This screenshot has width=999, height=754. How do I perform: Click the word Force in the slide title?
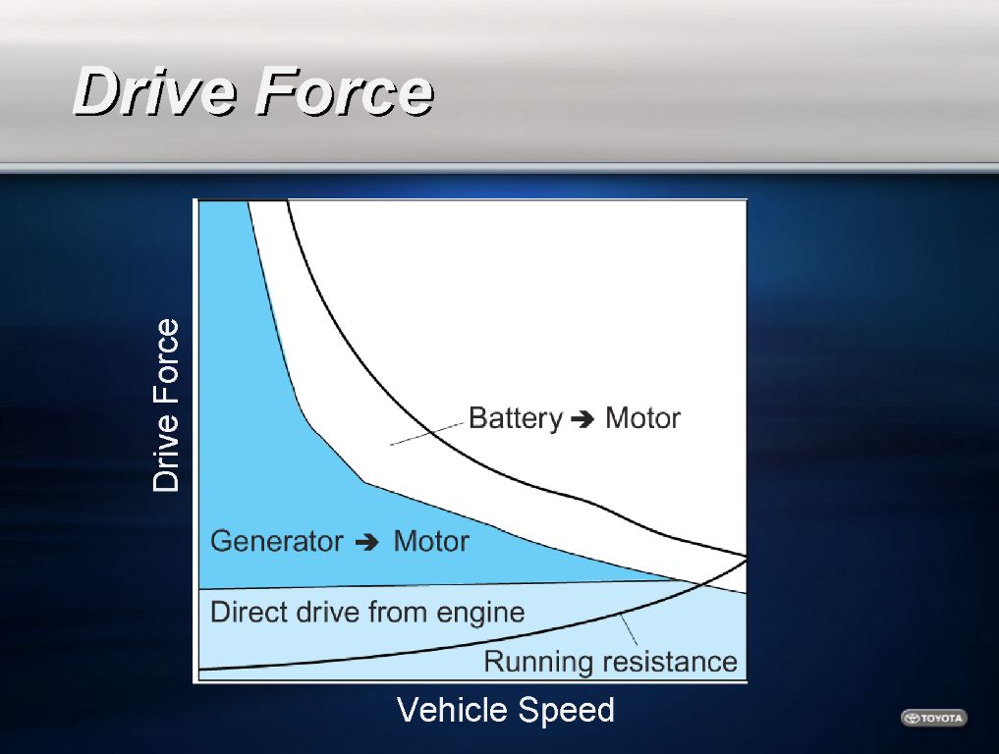click(344, 91)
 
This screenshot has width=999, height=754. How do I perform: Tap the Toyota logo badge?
click(934, 718)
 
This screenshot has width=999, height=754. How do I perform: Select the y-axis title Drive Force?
click(166, 405)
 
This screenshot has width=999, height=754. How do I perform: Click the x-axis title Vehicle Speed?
click(506, 710)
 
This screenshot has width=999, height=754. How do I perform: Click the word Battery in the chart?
click(516, 418)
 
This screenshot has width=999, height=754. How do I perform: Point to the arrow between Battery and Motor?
click(583, 419)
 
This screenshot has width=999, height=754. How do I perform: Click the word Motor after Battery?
click(642, 418)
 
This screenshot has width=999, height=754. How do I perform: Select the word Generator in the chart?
click(276, 541)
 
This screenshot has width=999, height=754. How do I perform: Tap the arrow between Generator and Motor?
click(367, 543)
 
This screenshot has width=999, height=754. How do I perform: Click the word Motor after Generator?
click(431, 541)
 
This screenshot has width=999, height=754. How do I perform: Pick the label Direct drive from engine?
click(367, 612)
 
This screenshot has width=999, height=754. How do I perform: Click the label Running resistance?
click(610, 661)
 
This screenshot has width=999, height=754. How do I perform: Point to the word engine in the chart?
click(480, 614)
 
